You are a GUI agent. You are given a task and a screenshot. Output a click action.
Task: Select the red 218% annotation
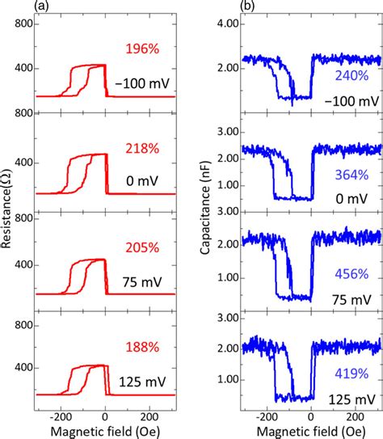[142, 148]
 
